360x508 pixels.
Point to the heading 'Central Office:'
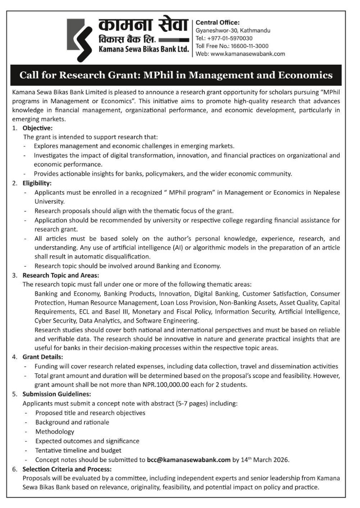[218, 22]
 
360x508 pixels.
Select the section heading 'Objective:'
[38, 128]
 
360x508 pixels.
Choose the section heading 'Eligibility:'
[37, 183]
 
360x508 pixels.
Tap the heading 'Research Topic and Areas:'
[61, 275]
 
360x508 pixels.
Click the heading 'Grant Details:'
[43, 357]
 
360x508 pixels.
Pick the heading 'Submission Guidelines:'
[57, 394]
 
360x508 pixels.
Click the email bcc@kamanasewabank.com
[188, 460]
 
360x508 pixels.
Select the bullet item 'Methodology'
[55, 431]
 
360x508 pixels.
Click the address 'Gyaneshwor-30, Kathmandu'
[233, 31]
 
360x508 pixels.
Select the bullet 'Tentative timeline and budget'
[79, 450]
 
